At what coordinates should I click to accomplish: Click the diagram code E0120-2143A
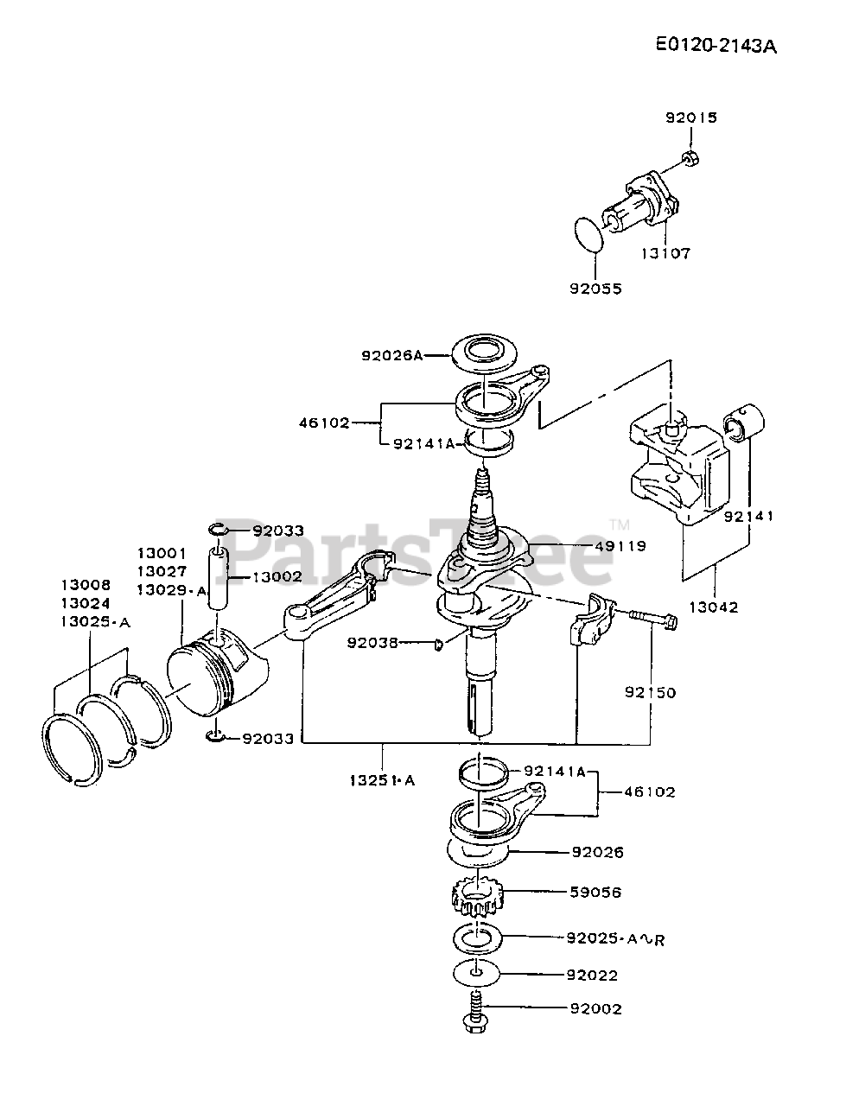pyautogui.click(x=716, y=46)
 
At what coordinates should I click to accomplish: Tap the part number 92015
pyautogui.click(x=690, y=118)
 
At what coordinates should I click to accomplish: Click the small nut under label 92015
pyautogui.click(x=690, y=159)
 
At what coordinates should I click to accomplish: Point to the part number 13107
pyautogui.click(x=665, y=253)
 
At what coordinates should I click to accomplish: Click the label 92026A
pyautogui.click(x=392, y=356)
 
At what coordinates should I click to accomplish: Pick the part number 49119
pyautogui.click(x=620, y=546)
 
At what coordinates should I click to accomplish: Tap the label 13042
pyautogui.click(x=714, y=607)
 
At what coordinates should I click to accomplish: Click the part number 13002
pyautogui.click(x=277, y=576)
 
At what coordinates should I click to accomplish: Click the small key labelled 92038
pyautogui.click(x=438, y=644)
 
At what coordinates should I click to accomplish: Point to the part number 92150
pyautogui.click(x=650, y=692)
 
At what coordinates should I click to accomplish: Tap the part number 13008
pyautogui.click(x=86, y=585)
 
